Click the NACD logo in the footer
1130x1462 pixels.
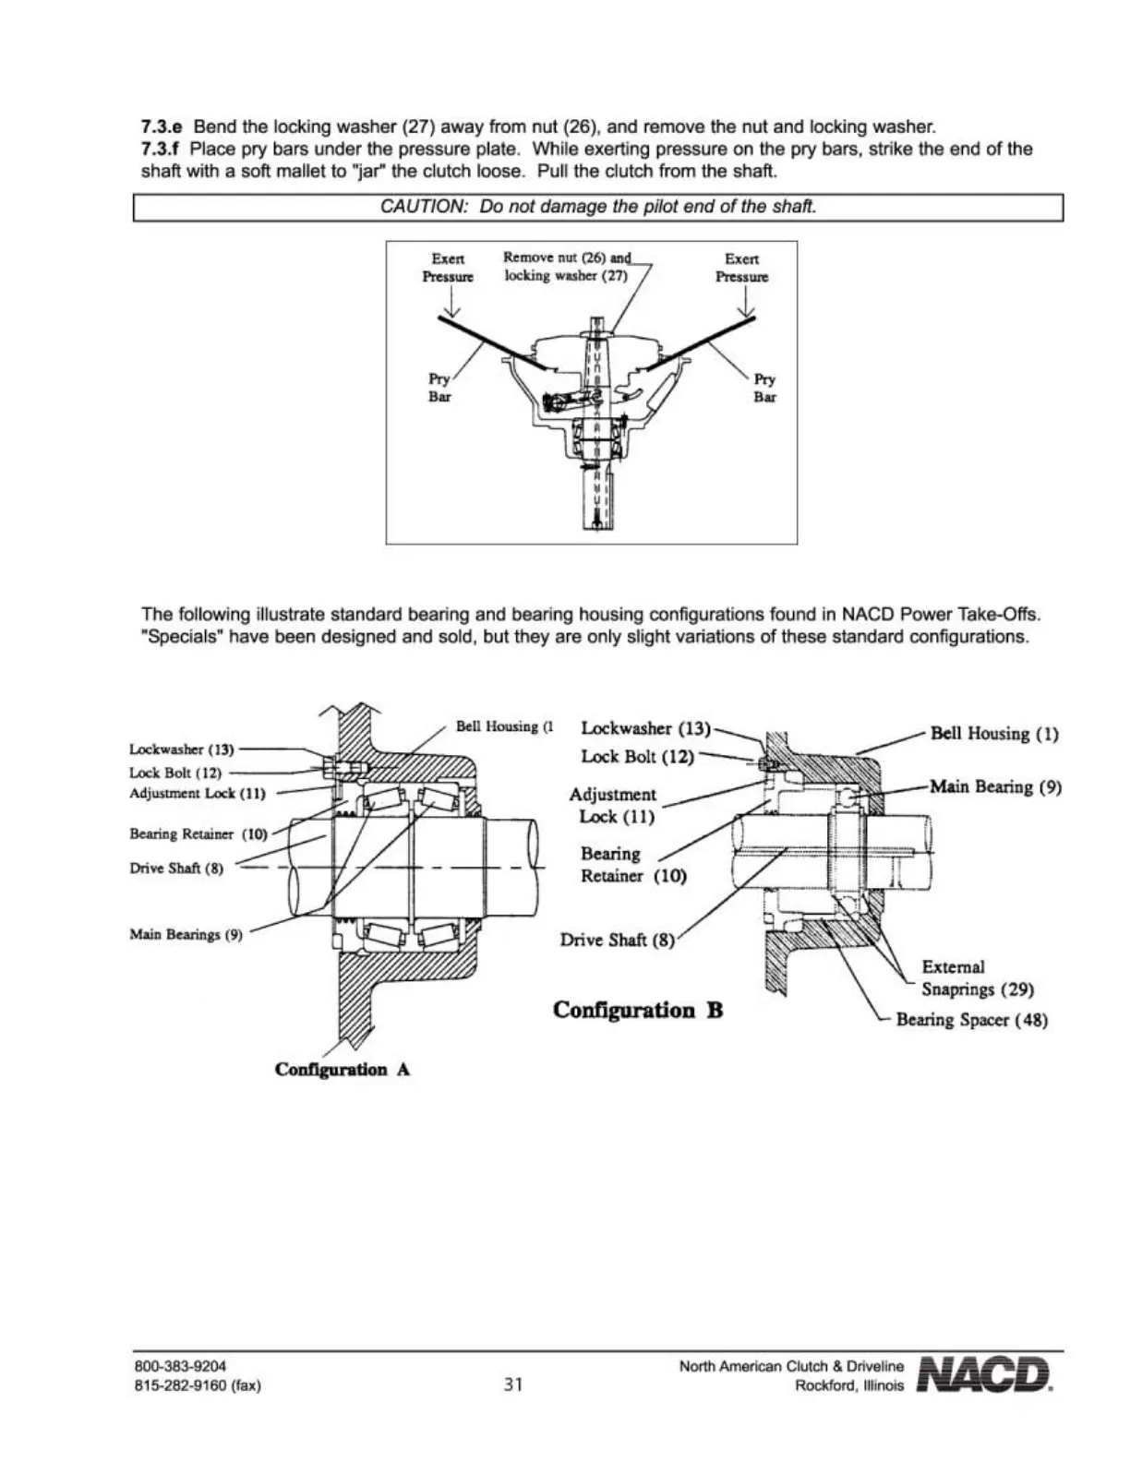pyautogui.click(x=985, y=1374)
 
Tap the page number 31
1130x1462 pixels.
pyautogui.click(x=513, y=1384)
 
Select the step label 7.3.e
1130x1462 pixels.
pyautogui.click(x=161, y=126)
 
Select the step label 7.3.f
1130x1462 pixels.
pyautogui.click(x=160, y=149)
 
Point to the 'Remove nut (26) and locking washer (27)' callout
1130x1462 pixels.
pyautogui.click(x=566, y=267)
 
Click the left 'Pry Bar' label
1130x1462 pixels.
pyautogui.click(x=439, y=388)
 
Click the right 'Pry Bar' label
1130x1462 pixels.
pyautogui.click(x=764, y=388)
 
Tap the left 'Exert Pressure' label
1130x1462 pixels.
pyautogui.click(x=448, y=268)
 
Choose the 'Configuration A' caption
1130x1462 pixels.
pyautogui.click(x=343, y=1070)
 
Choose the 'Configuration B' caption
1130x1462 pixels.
pyautogui.click(x=638, y=1010)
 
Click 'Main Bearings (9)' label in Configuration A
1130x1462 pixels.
pyautogui.click(x=186, y=934)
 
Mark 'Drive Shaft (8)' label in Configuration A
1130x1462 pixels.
pyautogui.click(x=176, y=869)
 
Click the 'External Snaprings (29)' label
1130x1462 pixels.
pyautogui.click(x=977, y=978)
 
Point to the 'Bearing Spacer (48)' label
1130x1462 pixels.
pyautogui.click(x=971, y=1020)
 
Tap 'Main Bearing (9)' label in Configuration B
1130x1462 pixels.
pyautogui.click(x=995, y=787)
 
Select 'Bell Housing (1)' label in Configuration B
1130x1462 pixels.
pyautogui.click(x=994, y=735)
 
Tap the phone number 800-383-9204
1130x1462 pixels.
pyautogui.click(x=180, y=1366)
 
